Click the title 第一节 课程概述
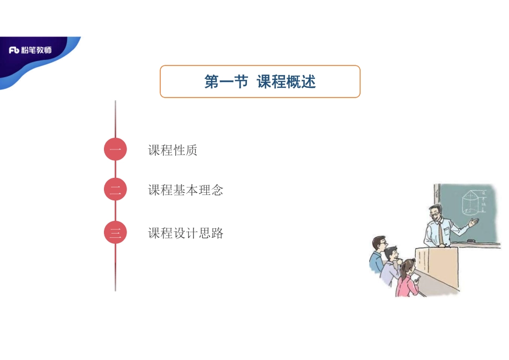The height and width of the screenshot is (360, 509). point(260,82)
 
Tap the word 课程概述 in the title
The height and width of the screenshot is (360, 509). point(287,82)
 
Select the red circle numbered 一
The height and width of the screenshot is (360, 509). point(115,149)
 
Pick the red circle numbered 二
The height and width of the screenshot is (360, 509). point(115,190)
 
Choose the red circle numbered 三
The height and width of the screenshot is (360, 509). point(115,232)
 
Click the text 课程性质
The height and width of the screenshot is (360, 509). point(173,151)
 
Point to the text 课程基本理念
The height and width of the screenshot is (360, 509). point(185,190)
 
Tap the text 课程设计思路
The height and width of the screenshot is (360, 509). point(185,234)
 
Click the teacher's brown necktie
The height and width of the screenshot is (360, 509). point(440,231)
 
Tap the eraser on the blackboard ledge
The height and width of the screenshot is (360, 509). point(471,241)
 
